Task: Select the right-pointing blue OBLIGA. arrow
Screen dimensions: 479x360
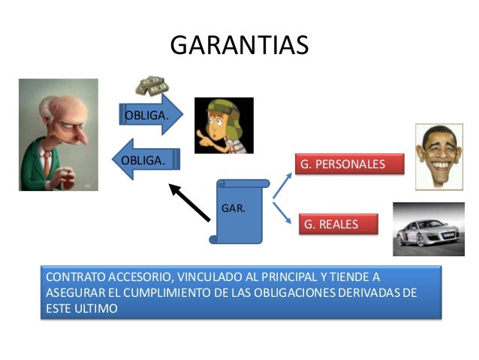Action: (151, 115)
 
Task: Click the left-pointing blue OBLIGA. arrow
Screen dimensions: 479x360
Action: (146, 159)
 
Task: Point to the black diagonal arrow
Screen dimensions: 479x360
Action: (189, 201)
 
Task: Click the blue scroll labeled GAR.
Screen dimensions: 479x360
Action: (239, 210)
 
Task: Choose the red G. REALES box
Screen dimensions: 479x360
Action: (339, 224)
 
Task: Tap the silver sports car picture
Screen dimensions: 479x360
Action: (428, 228)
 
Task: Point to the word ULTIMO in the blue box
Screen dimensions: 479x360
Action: (95, 307)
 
